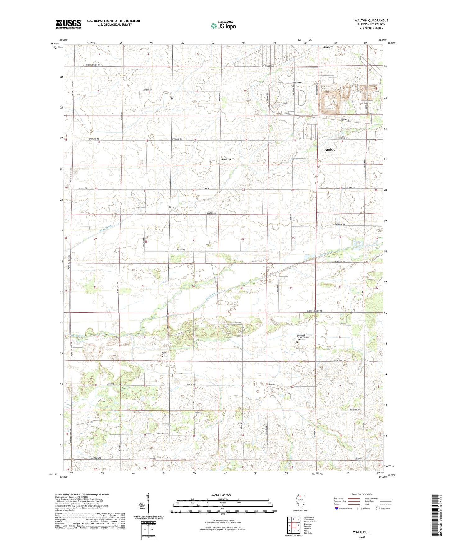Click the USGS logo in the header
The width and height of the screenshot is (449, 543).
[x=68, y=24]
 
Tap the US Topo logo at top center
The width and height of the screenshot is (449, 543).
[x=223, y=26]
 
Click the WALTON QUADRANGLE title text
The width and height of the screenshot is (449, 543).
[x=371, y=21]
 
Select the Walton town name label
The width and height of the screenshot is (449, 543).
[x=226, y=159]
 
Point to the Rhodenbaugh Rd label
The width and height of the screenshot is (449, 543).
[x=93, y=65]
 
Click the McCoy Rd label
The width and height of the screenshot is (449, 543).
[x=181, y=250]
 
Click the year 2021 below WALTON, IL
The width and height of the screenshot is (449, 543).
[x=362, y=537]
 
